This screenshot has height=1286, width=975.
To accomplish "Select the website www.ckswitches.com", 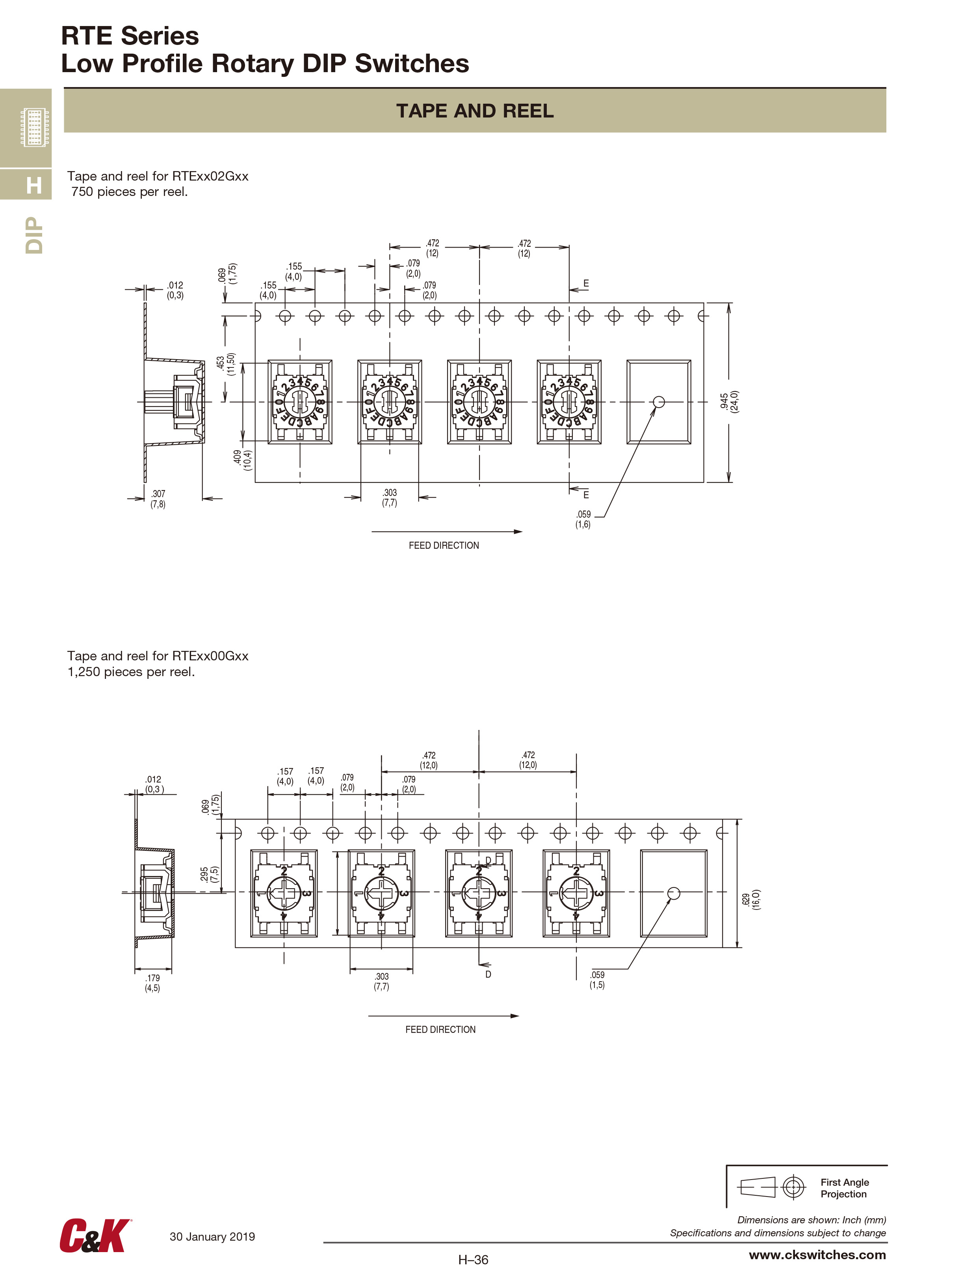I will click(817, 1254).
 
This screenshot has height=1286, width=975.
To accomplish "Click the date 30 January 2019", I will click(212, 1237).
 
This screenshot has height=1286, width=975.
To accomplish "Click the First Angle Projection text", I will click(844, 1188).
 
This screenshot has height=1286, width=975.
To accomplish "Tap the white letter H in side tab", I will click(34, 185).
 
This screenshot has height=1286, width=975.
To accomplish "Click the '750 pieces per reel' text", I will click(130, 192).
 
